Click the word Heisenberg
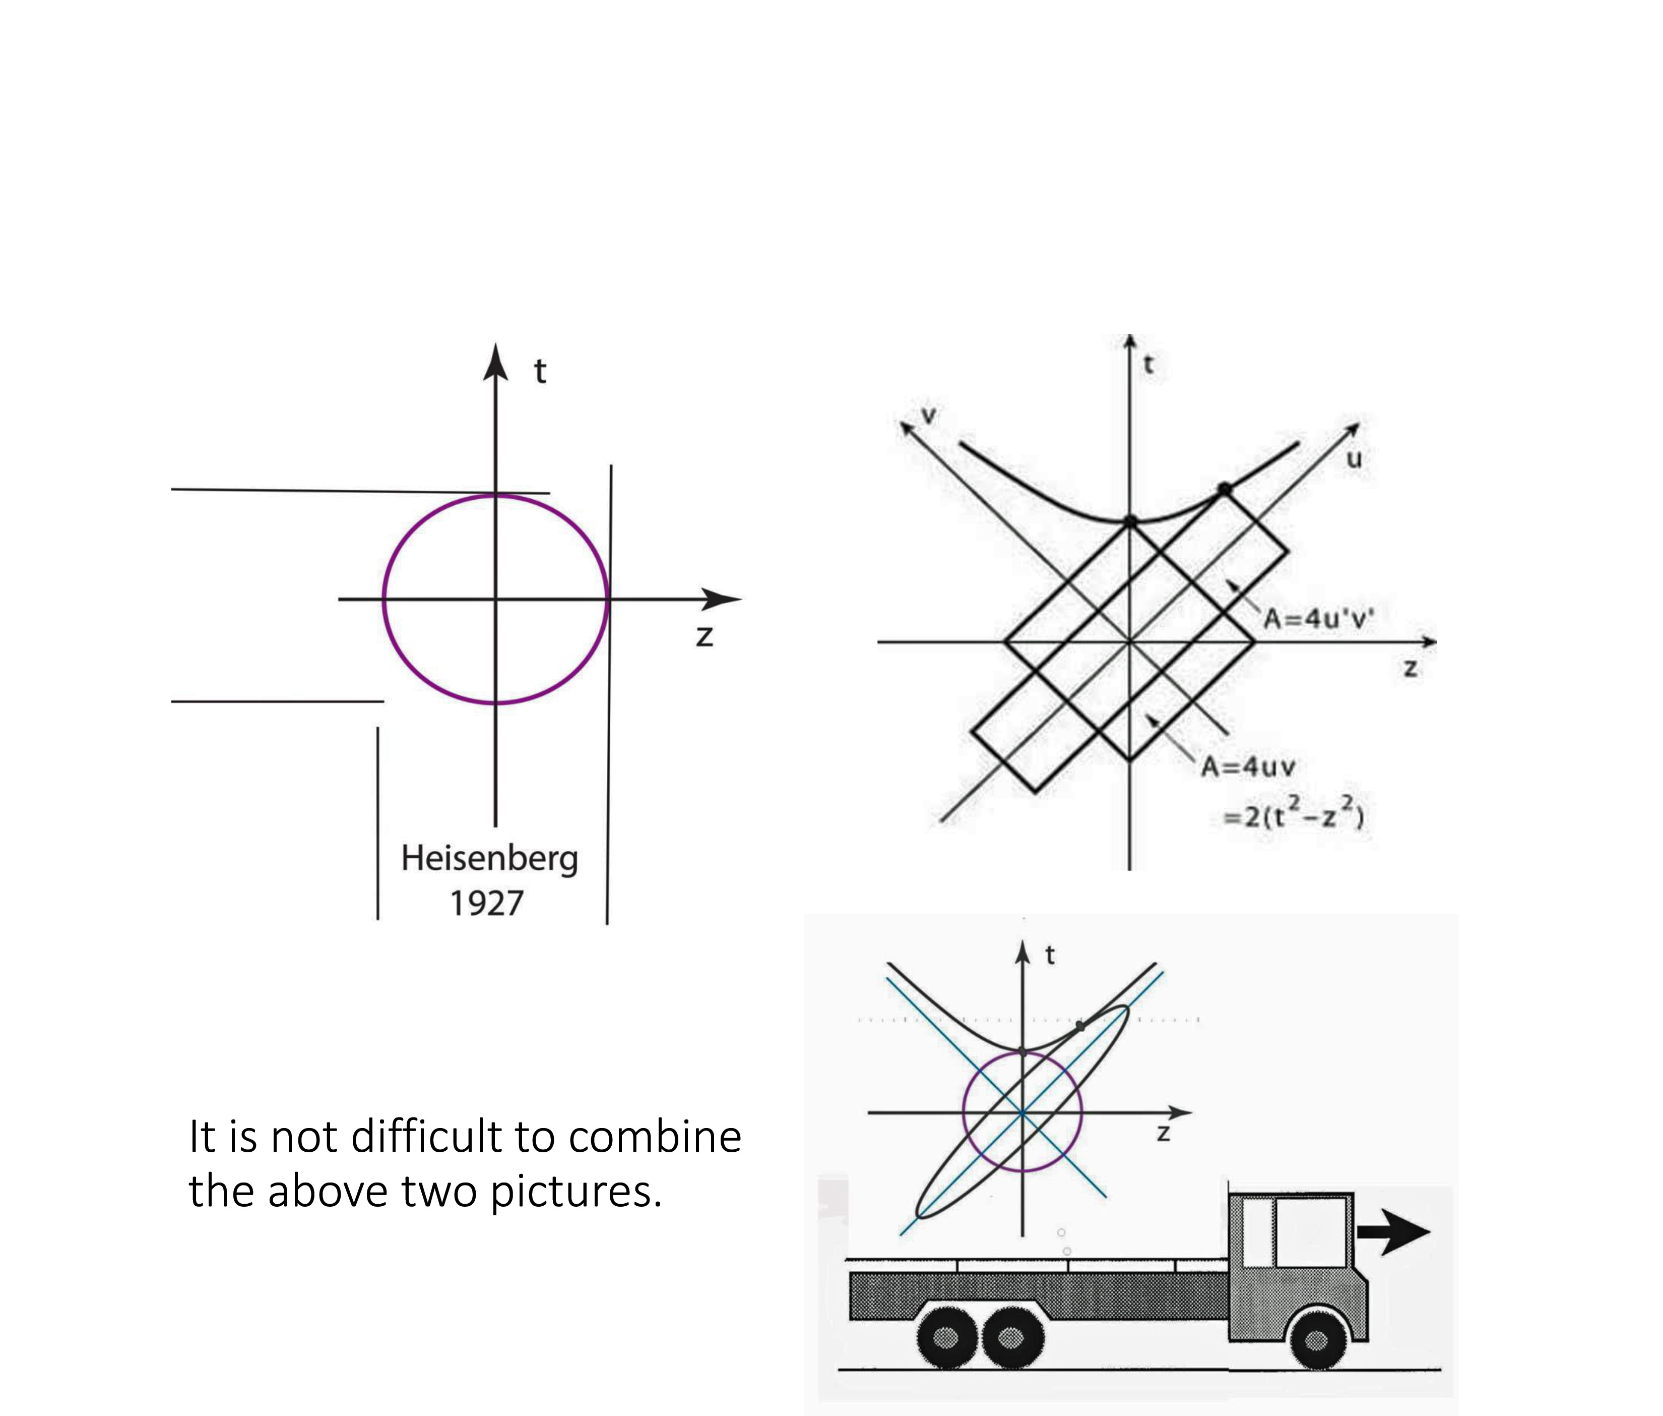click(x=489, y=859)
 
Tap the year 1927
click(x=486, y=904)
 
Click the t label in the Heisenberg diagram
click(x=540, y=372)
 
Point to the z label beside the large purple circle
click(x=705, y=636)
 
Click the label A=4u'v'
click(x=1318, y=619)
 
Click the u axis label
click(x=1354, y=459)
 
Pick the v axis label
click(x=929, y=415)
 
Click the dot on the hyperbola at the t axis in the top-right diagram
click(x=1130, y=522)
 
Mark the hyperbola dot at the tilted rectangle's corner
click(x=1224, y=488)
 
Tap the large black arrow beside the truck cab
click(x=1393, y=1231)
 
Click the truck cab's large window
click(x=1310, y=1232)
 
